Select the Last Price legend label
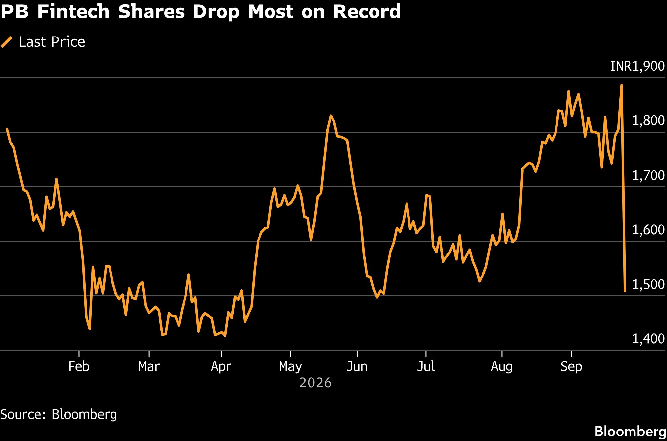52,42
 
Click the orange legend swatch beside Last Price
7,42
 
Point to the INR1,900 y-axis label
637,66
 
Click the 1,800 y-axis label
648,121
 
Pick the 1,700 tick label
648,175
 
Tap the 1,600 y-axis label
648,230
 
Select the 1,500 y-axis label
648,284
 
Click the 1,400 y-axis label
648,339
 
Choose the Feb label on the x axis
79,366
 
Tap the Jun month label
357,366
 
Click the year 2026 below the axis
315,383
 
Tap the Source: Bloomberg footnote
59,415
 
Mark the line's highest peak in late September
621,85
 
